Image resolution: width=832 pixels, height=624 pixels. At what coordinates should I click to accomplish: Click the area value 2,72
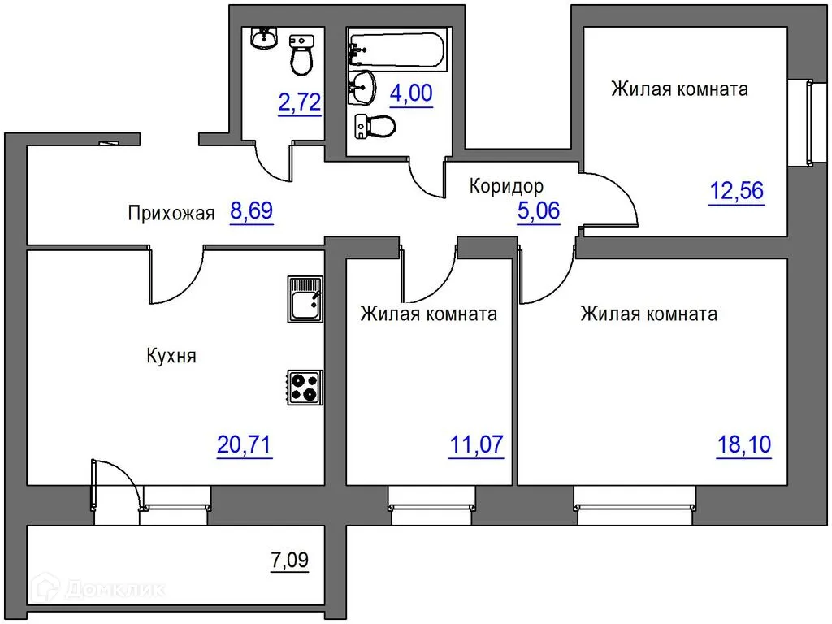point(300,102)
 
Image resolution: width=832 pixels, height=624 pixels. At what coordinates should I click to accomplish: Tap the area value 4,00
point(411,93)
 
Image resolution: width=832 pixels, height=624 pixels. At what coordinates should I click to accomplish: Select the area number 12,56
point(737,191)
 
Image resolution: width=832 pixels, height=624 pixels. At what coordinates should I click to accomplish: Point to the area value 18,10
point(744,444)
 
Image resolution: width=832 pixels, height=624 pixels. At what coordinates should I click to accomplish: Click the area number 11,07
point(476,444)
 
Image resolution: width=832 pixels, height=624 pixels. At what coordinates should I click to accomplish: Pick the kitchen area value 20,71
point(244,444)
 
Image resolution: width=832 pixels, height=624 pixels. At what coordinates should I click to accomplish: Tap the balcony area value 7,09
point(290,560)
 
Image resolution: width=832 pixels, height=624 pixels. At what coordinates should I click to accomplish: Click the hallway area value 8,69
point(252,211)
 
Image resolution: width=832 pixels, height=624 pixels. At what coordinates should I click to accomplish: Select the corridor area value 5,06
point(539,211)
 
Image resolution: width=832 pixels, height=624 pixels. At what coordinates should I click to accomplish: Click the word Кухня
point(171,356)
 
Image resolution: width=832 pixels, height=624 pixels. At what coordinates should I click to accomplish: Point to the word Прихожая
point(171,214)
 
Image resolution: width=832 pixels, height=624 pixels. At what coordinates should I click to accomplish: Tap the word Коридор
point(507,186)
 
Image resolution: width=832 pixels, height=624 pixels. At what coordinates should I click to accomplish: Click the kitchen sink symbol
point(305,299)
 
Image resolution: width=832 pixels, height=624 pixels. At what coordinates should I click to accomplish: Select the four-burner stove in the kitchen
point(305,388)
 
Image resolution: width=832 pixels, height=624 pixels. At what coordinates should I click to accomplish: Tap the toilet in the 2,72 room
point(301,54)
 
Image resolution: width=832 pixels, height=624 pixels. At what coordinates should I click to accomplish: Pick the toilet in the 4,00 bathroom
point(375,127)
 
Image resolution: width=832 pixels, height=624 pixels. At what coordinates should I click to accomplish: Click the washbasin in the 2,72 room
point(264,37)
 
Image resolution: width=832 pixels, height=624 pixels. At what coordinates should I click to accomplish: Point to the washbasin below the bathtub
point(362,88)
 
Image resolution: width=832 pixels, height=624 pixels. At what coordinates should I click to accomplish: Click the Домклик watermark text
point(115,589)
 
